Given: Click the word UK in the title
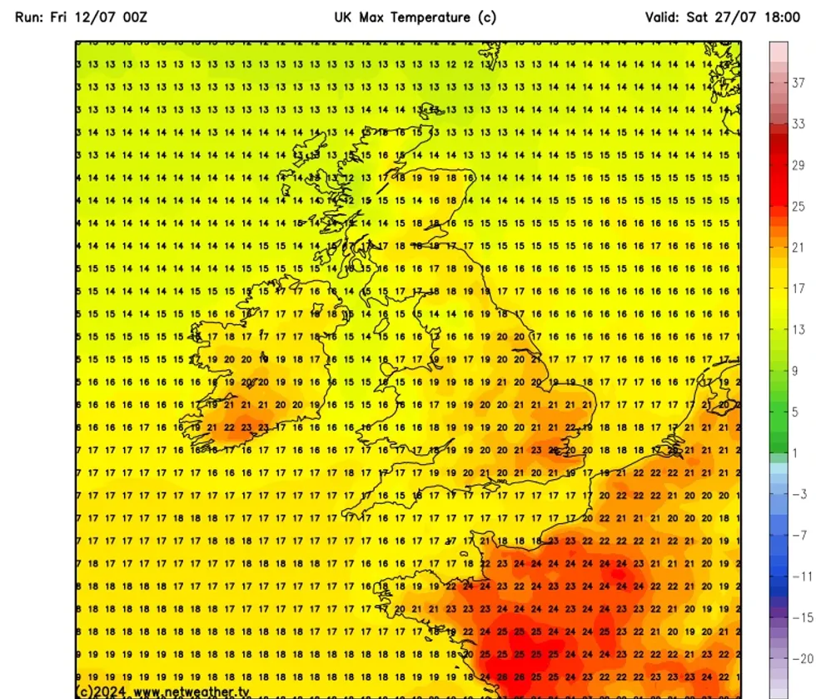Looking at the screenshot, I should point(344,17).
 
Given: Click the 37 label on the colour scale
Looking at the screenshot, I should point(798,82).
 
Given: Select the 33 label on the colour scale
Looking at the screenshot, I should point(798,124).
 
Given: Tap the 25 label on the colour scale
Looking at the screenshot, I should point(798,207).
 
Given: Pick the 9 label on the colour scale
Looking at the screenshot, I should point(795,371).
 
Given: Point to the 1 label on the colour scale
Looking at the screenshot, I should point(795,453).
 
